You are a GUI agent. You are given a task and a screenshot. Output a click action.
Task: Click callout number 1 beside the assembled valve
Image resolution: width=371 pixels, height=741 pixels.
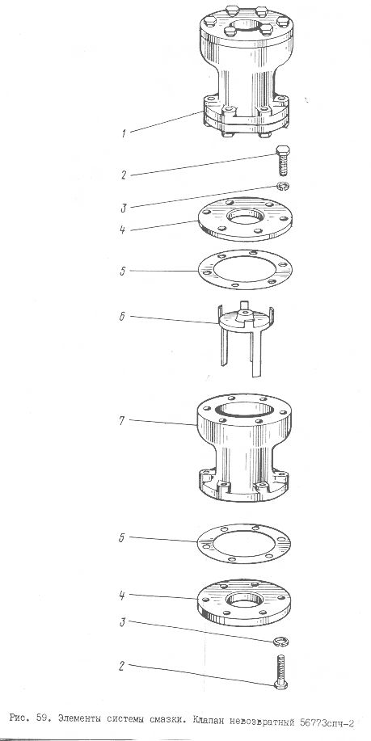coord(124,133)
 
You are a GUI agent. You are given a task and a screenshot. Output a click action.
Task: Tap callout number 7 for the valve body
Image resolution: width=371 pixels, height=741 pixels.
coord(122,420)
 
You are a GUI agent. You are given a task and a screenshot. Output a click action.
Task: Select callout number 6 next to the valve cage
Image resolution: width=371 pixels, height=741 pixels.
coord(122,317)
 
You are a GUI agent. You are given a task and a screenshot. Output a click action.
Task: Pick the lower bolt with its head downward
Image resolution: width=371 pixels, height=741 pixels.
coord(280,672)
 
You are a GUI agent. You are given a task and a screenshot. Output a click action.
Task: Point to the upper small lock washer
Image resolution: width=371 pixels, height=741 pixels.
coord(284,187)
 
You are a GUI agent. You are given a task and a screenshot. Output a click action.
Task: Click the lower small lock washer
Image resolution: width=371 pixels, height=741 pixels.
coord(282,642)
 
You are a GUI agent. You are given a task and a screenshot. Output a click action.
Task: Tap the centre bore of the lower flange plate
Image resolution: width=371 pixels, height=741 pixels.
coord(244,600)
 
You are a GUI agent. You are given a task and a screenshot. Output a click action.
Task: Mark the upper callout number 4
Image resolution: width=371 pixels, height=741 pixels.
coord(122,230)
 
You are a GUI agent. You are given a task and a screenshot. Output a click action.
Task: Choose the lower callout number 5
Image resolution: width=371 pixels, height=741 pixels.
coord(121,538)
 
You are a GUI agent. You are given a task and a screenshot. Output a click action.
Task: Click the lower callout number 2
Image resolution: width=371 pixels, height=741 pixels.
coord(121,667)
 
